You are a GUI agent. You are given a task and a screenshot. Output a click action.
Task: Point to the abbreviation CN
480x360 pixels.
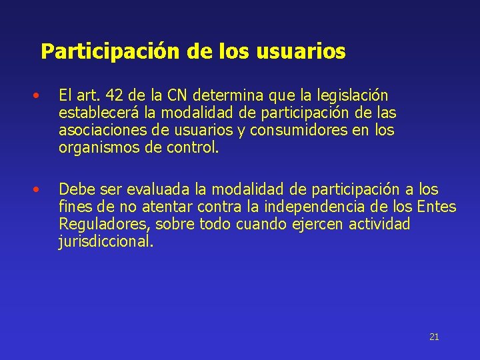pos(177,96)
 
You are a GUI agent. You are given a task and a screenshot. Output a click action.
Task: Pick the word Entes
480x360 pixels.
pos(435,207)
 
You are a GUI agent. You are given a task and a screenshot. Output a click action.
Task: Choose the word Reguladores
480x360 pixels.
pos(104,225)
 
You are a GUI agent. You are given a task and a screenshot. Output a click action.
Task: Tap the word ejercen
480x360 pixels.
pos(317,225)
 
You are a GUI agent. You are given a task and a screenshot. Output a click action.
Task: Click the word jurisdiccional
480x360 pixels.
pos(106,241)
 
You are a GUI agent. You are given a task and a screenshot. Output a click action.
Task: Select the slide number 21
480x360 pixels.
pos(434,337)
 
